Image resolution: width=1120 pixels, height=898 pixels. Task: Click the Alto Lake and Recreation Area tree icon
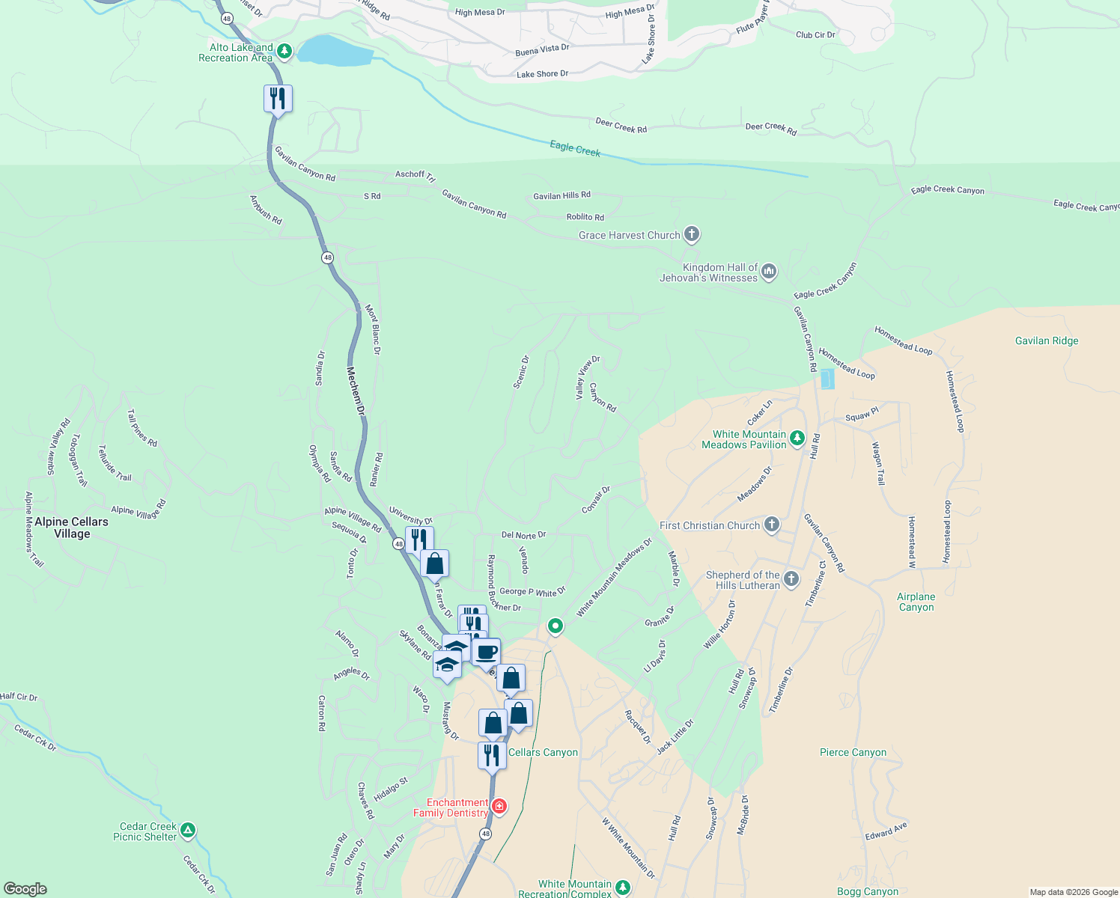click(x=284, y=52)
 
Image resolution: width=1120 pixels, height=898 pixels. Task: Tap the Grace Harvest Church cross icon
click(x=692, y=234)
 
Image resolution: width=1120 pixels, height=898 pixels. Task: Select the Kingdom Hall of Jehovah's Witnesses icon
click(x=769, y=272)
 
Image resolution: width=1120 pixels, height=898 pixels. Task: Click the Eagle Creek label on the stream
click(x=575, y=148)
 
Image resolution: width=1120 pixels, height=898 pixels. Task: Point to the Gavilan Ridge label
click(x=1047, y=340)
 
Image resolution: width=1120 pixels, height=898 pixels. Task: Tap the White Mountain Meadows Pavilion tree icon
click(x=797, y=438)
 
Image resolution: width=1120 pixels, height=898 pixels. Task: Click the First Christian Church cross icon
click(x=772, y=525)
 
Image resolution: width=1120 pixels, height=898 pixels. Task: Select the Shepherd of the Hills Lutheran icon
click(x=791, y=578)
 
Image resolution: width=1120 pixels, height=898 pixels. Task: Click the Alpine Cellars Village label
click(x=72, y=528)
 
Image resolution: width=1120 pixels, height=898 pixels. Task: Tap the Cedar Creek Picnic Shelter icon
click(x=188, y=830)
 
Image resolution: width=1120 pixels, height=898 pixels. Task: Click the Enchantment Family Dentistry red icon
click(x=499, y=807)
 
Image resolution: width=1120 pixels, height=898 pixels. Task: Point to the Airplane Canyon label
click(x=916, y=602)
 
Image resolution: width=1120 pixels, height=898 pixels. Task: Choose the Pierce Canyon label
click(x=853, y=752)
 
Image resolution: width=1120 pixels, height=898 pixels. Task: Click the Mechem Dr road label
click(x=356, y=391)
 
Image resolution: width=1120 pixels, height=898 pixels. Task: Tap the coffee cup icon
click(x=486, y=652)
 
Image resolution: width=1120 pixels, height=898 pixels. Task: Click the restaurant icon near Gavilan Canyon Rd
click(x=278, y=98)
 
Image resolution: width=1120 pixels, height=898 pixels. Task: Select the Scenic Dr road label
click(x=521, y=372)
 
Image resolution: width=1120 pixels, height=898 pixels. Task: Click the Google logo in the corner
click(x=25, y=888)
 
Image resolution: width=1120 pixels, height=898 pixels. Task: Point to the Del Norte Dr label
click(x=523, y=535)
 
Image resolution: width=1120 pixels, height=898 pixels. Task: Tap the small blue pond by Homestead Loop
click(x=827, y=379)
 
